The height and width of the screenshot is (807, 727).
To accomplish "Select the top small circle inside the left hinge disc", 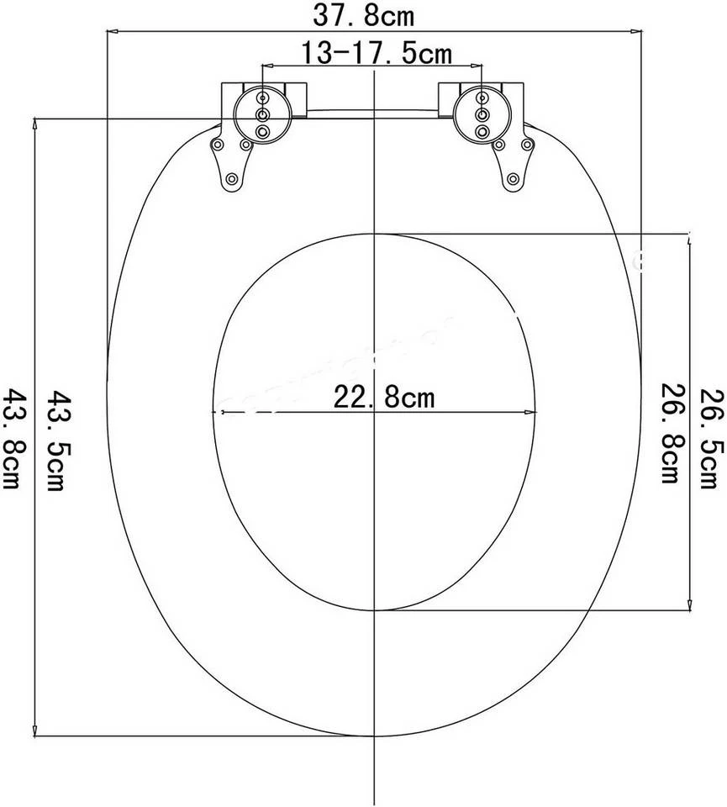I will pos(262,99).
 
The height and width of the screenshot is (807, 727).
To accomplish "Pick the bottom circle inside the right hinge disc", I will pos(482,131).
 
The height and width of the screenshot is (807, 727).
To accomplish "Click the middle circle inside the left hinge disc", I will pos(262,114).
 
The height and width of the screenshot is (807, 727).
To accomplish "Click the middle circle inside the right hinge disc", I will pos(482,114).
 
